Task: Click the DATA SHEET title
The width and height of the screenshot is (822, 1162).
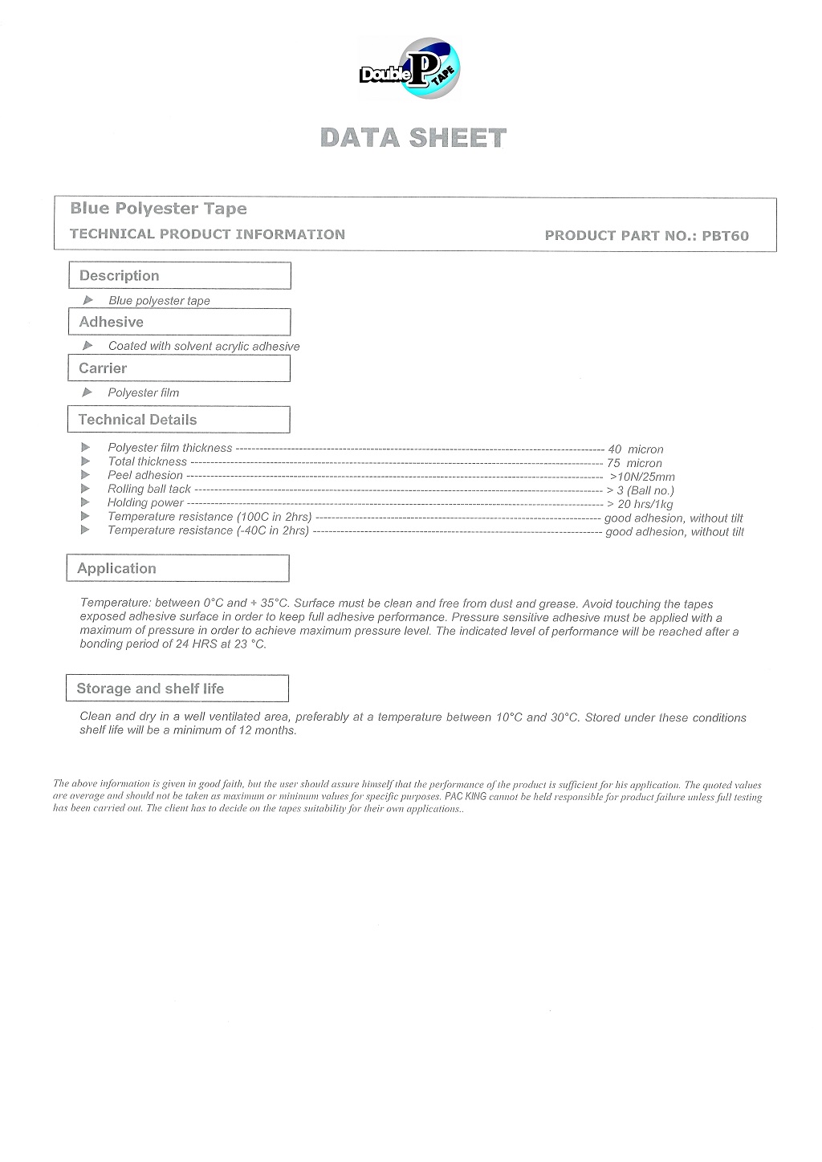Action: [x=413, y=138]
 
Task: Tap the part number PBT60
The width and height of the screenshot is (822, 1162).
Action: [x=725, y=235]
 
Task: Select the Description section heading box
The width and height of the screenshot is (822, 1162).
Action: [x=180, y=275]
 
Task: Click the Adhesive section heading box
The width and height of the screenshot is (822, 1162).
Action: [x=180, y=322]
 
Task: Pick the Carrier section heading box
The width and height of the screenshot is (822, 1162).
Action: [x=179, y=368]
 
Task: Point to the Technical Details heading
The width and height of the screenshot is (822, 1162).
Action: [x=137, y=420]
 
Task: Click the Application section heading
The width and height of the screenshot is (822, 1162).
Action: [x=116, y=568]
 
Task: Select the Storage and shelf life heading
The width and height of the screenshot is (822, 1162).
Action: [x=150, y=689]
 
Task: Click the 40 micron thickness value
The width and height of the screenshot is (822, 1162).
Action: [x=636, y=449]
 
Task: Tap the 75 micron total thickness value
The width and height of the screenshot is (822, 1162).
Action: [x=634, y=463]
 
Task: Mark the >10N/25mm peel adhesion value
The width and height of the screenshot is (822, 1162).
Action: [x=642, y=477]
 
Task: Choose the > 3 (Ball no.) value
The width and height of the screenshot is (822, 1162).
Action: [x=640, y=490]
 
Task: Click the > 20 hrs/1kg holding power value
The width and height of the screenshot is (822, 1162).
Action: [x=640, y=504]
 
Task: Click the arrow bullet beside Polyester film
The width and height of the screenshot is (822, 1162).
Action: [x=87, y=392]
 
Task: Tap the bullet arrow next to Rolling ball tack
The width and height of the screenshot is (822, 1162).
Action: [x=86, y=488]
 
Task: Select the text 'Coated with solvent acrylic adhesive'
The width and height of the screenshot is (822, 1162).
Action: [x=204, y=347]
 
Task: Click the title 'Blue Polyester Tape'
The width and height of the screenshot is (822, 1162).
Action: [x=158, y=209]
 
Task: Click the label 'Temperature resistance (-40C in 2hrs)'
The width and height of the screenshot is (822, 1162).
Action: [x=208, y=530]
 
